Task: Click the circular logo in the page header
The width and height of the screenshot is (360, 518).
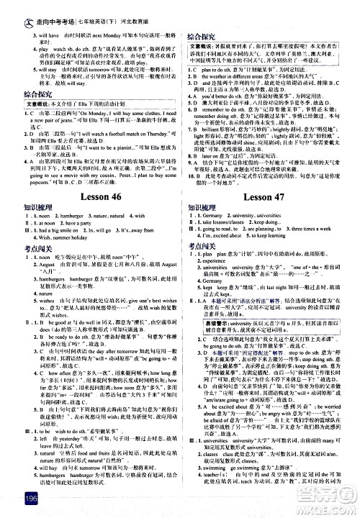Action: pyautogui.click(x=9, y=7)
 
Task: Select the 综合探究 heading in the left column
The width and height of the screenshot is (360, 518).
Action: pyautogui.click(x=22, y=94)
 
